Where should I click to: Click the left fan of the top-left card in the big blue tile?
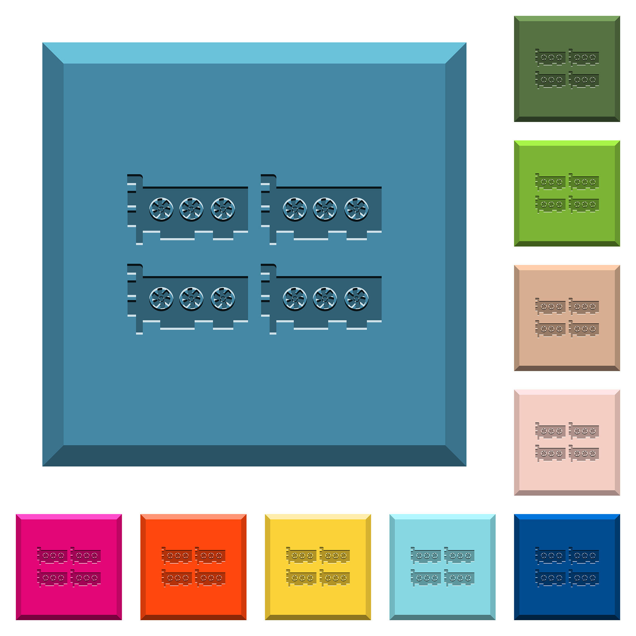point(161,209)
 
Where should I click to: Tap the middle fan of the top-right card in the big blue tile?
point(325,209)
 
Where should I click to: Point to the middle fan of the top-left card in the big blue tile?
point(191,209)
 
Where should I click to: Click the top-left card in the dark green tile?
point(550,58)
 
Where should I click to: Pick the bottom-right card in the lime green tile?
point(584,204)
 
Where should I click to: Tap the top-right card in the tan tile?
point(584,307)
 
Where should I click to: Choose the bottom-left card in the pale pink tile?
point(550,453)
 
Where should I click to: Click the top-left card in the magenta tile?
point(52,556)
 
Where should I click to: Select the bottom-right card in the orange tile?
point(210,578)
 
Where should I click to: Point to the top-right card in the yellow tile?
point(335,556)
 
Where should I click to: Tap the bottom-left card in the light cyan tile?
point(426,578)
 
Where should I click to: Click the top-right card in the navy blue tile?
point(584,556)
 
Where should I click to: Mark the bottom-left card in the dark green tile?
point(550,80)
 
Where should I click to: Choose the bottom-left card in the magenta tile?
point(52,578)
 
